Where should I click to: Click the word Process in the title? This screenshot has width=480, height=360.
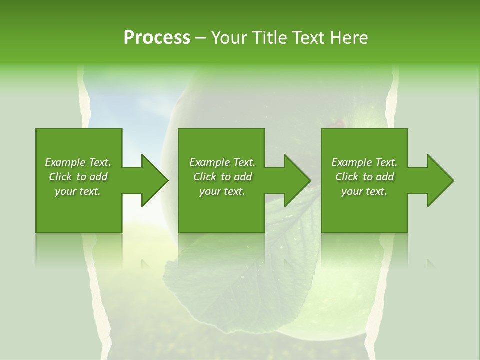click(157, 37)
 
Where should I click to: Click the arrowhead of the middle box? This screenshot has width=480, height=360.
click(297, 180)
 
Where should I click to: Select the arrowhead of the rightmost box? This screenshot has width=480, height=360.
click(440, 180)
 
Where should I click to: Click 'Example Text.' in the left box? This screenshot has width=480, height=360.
click(78, 162)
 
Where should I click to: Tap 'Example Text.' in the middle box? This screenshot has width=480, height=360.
click(222, 162)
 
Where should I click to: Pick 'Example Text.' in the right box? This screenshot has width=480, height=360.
click(364, 162)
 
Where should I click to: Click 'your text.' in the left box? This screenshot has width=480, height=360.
click(78, 191)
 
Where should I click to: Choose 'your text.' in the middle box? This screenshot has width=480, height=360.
click(222, 191)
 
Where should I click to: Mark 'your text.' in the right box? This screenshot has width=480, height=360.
click(364, 191)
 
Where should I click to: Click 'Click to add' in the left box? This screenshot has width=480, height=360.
click(78, 177)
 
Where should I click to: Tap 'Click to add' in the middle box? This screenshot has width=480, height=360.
click(222, 177)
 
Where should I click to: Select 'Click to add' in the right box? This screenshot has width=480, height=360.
click(364, 177)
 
